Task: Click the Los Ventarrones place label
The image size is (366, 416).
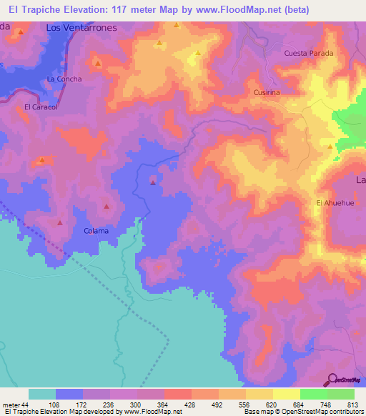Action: pos(81,27)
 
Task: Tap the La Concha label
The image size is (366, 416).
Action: pos(64,79)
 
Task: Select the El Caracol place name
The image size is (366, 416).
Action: pos(40,107)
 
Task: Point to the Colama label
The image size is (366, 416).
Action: pos(97,231)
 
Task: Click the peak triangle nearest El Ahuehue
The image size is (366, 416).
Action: pos(330,147)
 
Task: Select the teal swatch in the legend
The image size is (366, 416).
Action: pos(42,394)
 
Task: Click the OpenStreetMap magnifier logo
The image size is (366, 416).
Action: pos(332,380)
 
